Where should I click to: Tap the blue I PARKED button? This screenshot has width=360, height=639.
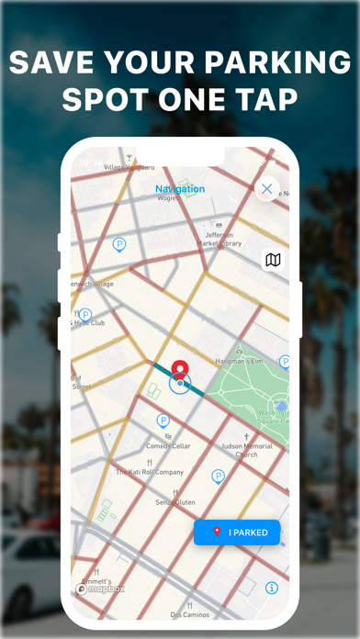point(237,532)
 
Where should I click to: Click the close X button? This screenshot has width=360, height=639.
point(266,189)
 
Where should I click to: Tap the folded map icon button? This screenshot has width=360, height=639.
point(273,260)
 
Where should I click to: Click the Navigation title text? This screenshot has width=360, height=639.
point(180,189)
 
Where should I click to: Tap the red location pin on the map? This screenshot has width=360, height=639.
point(180,371)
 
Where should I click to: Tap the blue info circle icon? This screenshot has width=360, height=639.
point(272,588)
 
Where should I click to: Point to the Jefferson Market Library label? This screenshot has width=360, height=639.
point(219,239)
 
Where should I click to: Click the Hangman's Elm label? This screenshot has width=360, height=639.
point(239,361)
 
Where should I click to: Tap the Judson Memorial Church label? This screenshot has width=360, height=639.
point(246,451)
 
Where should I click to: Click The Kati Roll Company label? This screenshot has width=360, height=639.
point(150,472)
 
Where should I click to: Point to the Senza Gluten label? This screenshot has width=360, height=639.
point(174,502)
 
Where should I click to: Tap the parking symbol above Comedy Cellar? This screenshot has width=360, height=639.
point(163,420)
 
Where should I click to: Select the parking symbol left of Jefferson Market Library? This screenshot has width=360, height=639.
point(118,244)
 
